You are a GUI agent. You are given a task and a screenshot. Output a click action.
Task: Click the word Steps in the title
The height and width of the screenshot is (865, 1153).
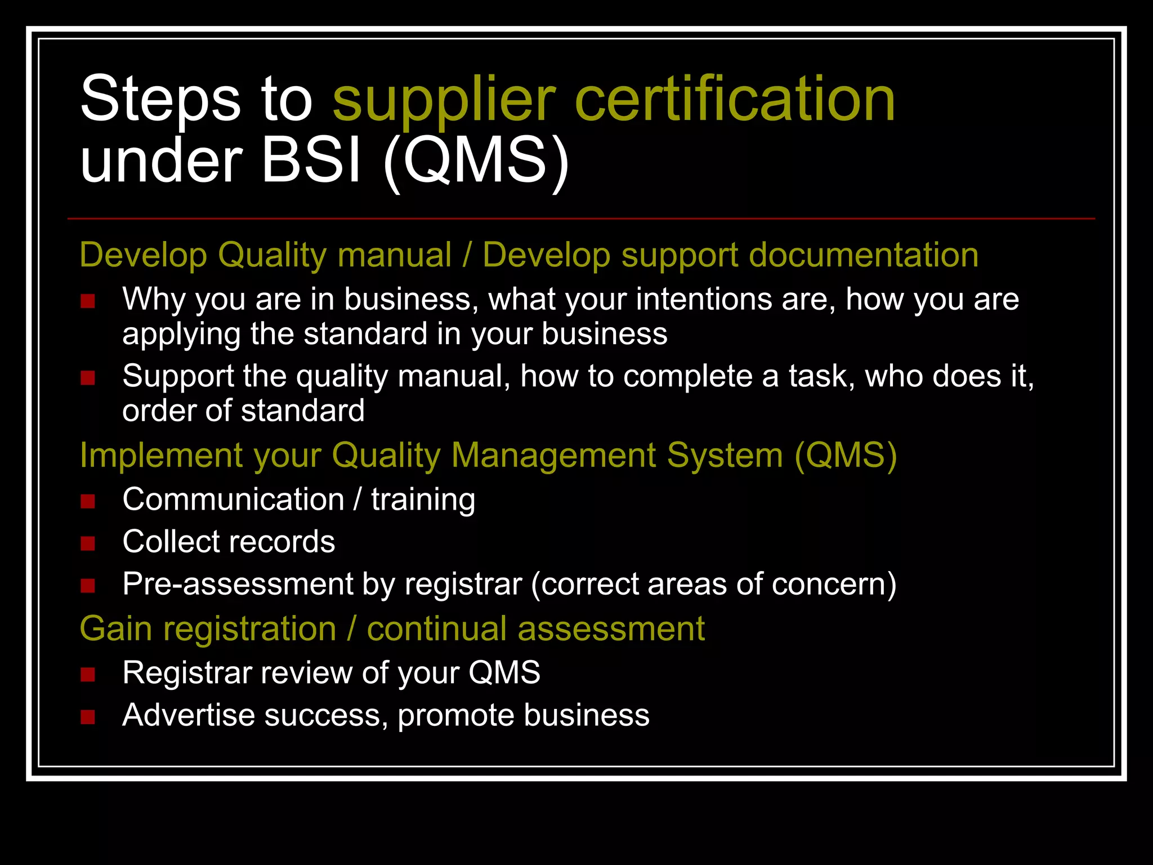[160, 100]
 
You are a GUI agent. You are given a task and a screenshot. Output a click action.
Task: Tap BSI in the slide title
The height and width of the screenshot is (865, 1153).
[311, 161]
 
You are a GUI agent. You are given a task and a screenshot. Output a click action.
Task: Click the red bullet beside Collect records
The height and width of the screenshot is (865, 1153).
[88, 543]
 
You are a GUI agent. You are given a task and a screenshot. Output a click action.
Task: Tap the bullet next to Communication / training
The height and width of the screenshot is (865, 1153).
[88, 501]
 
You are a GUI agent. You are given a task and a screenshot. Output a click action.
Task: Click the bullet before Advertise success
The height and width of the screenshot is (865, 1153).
[88, 717]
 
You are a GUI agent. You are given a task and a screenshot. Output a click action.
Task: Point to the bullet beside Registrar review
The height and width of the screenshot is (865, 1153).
[88, 674]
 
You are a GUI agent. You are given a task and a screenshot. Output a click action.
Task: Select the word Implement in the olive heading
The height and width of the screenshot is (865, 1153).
[161, 455]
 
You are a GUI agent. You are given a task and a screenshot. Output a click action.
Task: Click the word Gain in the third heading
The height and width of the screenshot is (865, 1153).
[115, 628]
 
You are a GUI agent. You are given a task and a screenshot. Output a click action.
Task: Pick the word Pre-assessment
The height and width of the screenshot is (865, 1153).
[237, 584]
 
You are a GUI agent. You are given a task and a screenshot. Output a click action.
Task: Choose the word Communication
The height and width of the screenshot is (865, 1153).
[233, 500]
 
